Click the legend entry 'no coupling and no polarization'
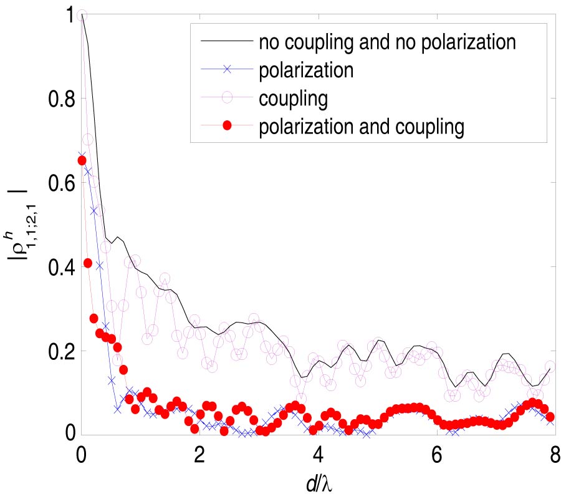point(388,42)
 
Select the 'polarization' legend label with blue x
point(307,70)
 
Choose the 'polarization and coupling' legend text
point(362,126)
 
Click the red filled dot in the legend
point(227,126)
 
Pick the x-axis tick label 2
point(199,454)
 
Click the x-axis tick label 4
point(318,454)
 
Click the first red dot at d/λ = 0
point(82,160)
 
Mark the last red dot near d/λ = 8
point(550,417)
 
